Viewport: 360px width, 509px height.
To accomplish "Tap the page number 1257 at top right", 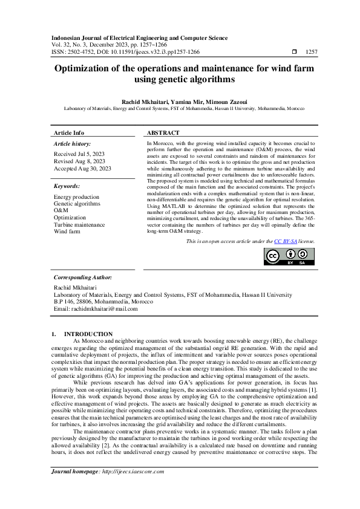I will pyautogui.click(x=312, y=53).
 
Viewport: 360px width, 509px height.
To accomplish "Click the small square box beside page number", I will pyautogui.click(x=294, y=53).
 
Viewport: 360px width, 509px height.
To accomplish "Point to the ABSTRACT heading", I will pyautogui.click(x=163, y=132).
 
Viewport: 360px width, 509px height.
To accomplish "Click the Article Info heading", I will pyautogui.click(x=70, y=132).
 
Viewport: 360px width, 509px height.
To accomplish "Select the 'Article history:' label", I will pyautogui.click(x=73, y=144).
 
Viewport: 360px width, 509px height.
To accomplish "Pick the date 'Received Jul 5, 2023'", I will pyautogui.click(x=79, y=154).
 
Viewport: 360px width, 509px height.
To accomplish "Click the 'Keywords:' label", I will pyautogui.click(x=67, y=187).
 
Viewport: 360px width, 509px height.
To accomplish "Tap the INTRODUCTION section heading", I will pyautogui.click(x=88, y=334).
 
